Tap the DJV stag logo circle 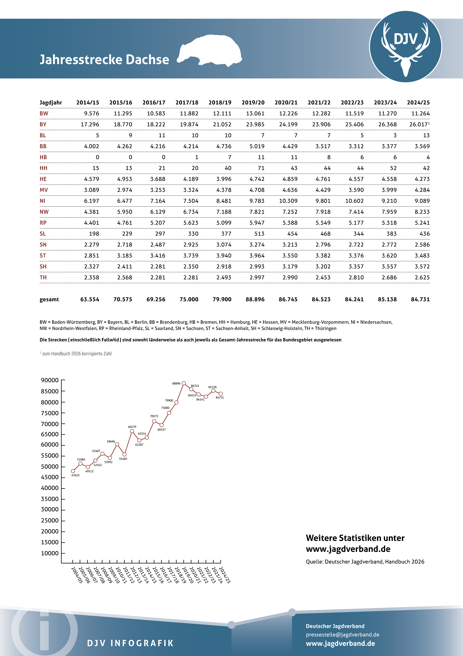pyautogui.click(x=405, y=47)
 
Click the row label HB pyautogui.click(x=43, y=157)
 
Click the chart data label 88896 pyautogui.click(x=176, y=383)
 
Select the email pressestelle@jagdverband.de pyautogui.click(x=342, y=635)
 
